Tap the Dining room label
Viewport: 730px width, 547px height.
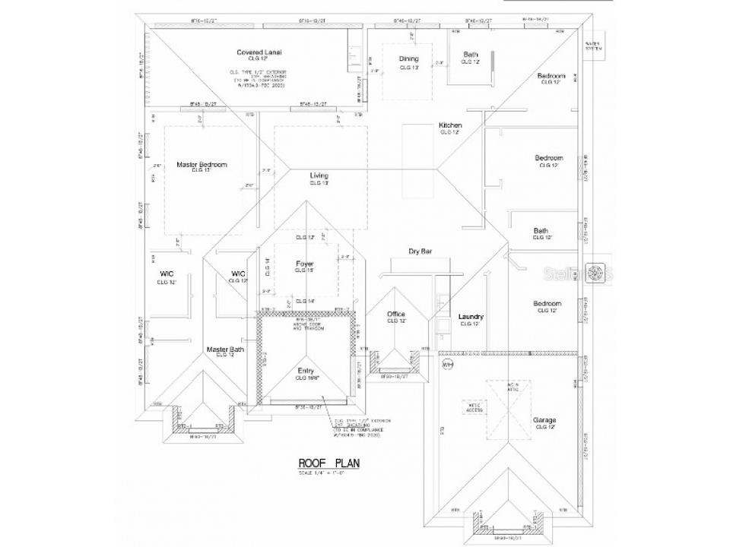tap(410, 59)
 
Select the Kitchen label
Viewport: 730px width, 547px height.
tap(450, 125)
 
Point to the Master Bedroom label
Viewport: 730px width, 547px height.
tap(202, 164)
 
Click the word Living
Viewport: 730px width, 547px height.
tap(319, 176)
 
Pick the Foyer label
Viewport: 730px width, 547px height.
tap(305, 264)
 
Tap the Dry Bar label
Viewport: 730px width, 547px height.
tap(420, 251)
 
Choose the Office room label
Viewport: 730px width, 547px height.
tap(395, 314)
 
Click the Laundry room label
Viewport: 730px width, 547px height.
tap(471, 317)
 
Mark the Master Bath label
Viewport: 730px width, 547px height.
tap(225, 349)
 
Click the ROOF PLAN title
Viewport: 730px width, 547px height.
tap(328, 463)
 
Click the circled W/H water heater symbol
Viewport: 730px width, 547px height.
tap(447, 364)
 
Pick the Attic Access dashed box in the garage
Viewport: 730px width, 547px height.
tap(474, 408)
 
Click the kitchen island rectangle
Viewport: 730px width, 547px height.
tap(417, 160)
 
